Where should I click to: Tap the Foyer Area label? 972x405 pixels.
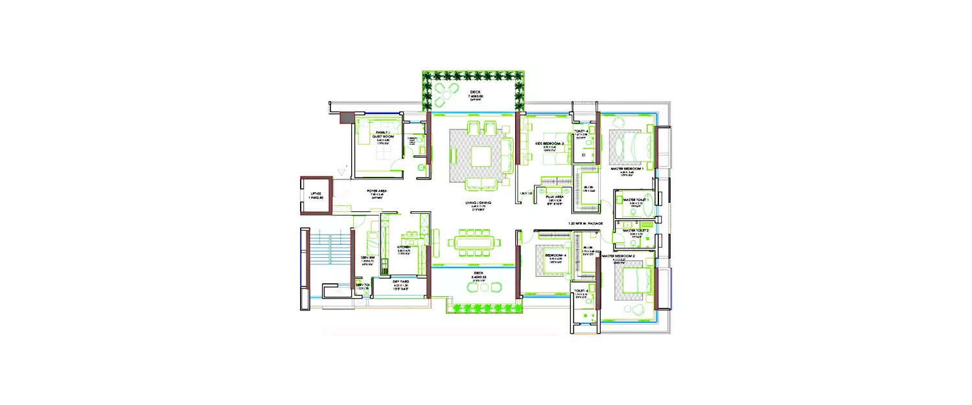pos(376,192)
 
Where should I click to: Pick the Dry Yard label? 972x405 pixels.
pos(400,283)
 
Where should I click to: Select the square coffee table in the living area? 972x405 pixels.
pos(481,156)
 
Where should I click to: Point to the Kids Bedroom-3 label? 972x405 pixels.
pos(549,143)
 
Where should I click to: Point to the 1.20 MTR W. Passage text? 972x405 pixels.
pos(586,224)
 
